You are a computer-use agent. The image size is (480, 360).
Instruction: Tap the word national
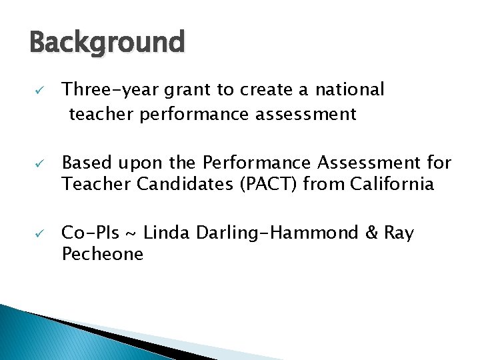[350, 89]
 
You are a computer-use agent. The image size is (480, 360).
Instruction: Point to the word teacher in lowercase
[101, 115]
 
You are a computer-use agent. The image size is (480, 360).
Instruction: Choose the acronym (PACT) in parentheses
[265, 184]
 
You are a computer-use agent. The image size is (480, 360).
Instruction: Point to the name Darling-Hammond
[275, 233]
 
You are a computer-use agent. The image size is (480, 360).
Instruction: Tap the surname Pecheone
[102, 254]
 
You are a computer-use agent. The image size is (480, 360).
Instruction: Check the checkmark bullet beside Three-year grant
[40, 90]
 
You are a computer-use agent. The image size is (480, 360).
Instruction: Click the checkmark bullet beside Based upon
[40, 163]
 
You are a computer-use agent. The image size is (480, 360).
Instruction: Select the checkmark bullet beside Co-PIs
[40, 233]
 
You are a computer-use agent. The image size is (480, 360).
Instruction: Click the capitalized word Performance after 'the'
[245, 163]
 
